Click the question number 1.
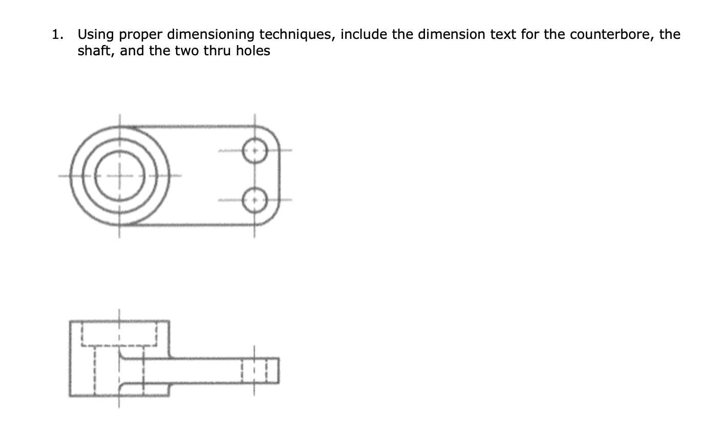(57, 35)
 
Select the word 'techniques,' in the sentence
(296, 35)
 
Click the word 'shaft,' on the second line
(96, 51)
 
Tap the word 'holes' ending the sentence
(253, 51)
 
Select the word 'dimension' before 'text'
(439, 35)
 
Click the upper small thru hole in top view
(254, 151)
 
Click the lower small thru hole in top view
(254, 200)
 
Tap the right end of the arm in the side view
(278, 370)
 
